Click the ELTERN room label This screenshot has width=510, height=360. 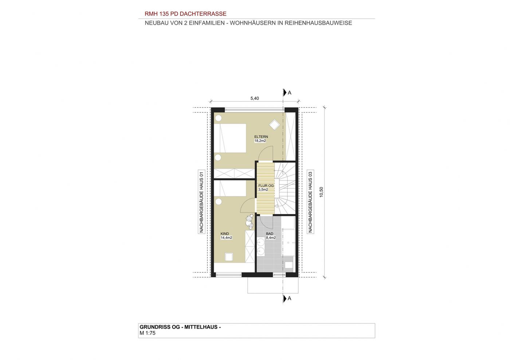click(x=261, y=137)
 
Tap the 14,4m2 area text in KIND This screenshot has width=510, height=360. click(x=226, y=238)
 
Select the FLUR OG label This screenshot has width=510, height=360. click(x=266, y=186)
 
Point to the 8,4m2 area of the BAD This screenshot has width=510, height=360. click(x=271, y=238)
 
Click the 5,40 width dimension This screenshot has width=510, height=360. click(x=255, y=98)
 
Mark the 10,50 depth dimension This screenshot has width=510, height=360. click(x=321, y=192)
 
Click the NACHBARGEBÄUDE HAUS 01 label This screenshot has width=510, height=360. click(x=201, y=202)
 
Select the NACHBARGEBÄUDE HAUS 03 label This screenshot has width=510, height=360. click(x=310, y=202)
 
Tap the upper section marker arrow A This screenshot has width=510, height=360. click(x=285, y=92)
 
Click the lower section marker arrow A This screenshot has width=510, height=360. click(x=285, y=298)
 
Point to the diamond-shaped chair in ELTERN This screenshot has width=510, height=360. click(x=274, y=124)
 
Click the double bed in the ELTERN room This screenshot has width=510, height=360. click(x=230, y=138)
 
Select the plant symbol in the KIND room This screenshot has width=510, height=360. click(x=249, y=221)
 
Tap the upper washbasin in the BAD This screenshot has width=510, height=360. click(x=261, y=243)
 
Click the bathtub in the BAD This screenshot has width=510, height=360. click(x=288, y=242)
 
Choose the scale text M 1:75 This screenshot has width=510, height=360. click(x=147, y=333)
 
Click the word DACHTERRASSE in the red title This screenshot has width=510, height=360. click(x=203, y=14)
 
